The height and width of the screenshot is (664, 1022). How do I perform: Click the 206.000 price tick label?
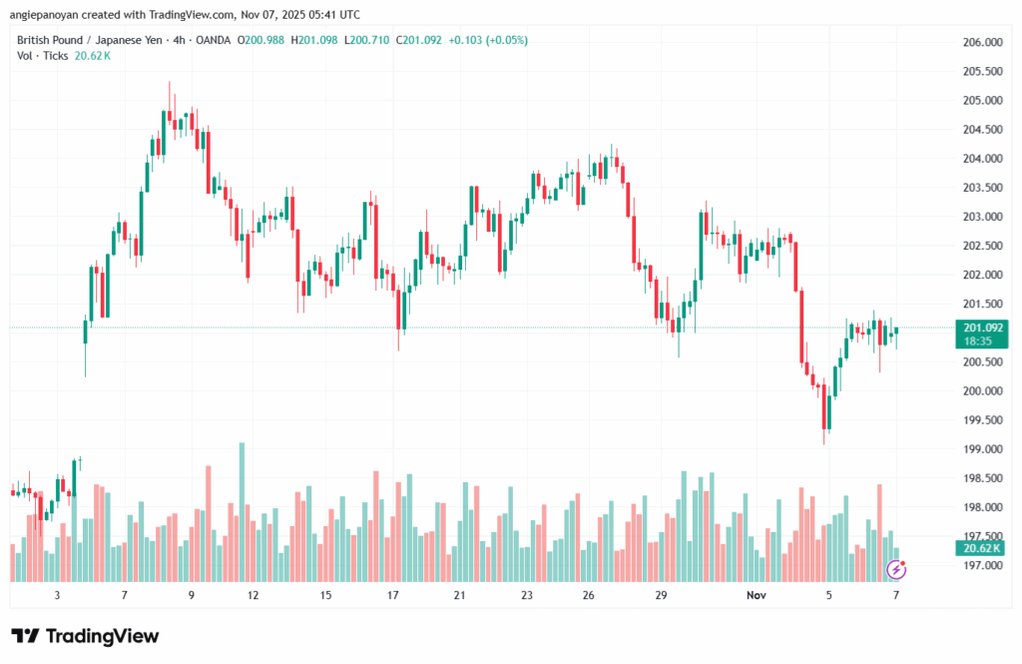point(982,42)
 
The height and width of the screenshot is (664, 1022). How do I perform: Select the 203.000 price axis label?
point(982,217)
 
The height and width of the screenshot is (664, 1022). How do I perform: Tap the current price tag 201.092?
point(983,327)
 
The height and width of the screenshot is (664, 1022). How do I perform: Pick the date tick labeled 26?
point(589,595)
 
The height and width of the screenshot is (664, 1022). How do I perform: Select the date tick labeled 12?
point(254,595)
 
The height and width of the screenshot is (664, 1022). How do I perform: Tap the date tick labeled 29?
point(661,595)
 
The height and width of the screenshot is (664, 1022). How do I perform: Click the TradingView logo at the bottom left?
point(85,636)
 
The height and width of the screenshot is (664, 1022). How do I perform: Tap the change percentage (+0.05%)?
point(505,40)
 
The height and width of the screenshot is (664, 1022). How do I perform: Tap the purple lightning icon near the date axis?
point(897,570)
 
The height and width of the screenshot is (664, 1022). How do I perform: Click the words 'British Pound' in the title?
point(50,40)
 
